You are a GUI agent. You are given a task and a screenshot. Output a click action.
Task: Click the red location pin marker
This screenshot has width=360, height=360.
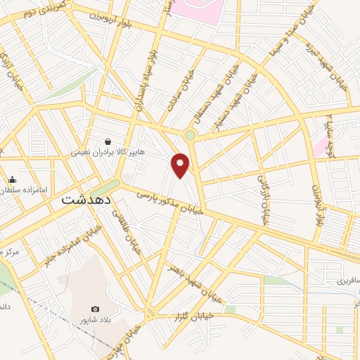click(181, 165)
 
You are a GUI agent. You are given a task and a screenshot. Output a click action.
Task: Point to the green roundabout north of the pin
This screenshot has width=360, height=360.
click(190, 135)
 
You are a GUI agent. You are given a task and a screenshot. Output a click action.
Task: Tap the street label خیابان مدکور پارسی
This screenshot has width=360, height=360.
click(169, 200)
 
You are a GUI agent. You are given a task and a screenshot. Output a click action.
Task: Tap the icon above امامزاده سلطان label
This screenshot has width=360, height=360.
click(12, 179)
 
